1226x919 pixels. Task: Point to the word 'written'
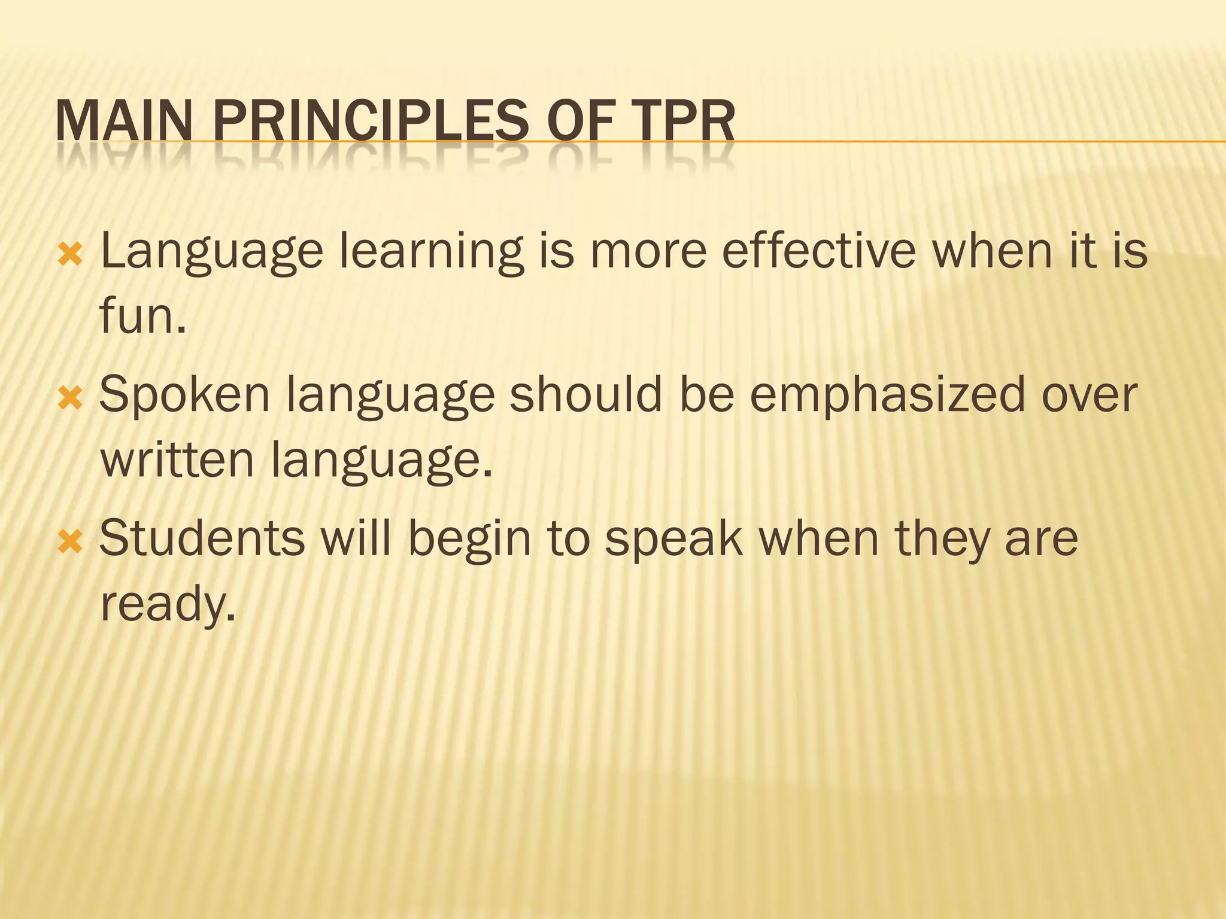(x=177, y=459)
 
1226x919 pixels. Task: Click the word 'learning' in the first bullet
(x=431, y=252)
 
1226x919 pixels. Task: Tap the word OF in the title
(x=581, y=121)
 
